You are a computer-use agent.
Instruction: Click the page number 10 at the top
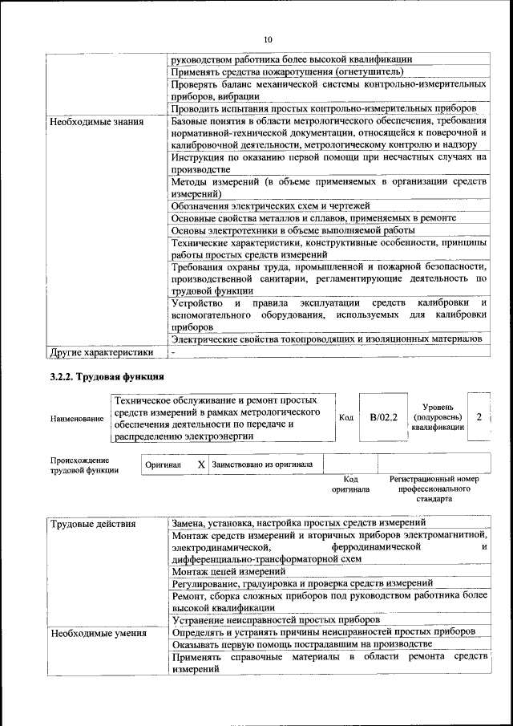(268, 39)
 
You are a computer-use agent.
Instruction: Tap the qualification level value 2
(479, 417)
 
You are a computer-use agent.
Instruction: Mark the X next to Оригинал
(201, 464)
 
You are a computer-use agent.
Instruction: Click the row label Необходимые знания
(96, 123)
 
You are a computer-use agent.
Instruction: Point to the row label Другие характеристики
(101, 352)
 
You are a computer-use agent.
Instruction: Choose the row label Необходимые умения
(98, 634)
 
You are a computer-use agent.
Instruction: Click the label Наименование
(76, 419)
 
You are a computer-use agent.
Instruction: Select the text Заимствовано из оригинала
(263, 464)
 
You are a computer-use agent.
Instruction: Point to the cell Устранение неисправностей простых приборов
(276, 619)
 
